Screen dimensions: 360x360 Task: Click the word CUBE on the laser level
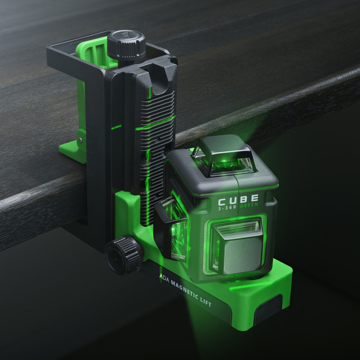pos(238,199)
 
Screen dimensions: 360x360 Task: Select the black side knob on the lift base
pos(122,253)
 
